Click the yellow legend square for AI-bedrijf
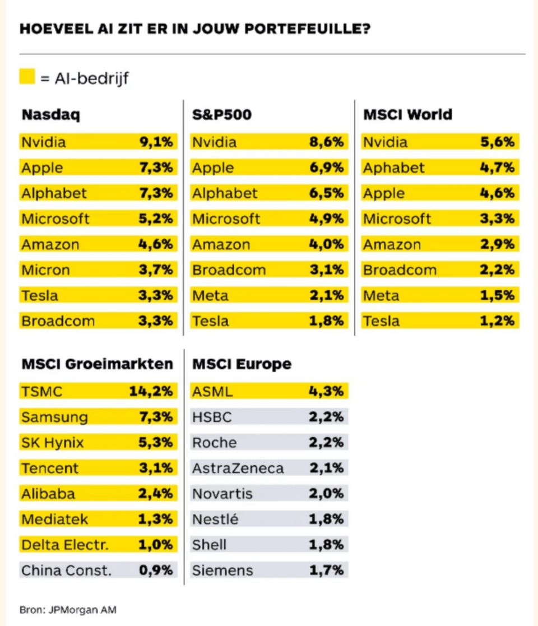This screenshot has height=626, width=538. pos(27,76)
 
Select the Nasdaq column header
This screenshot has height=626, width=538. pos(51,115)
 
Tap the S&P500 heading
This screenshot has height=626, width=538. pos(222,114)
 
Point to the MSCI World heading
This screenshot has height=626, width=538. pos(407,114)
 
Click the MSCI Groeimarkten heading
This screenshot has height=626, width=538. pos(98,364)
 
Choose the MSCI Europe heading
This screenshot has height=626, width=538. pos(242,364)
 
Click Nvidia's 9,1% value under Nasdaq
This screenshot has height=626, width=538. pos(156,142)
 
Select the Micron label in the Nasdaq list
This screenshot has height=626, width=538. pos(46,270)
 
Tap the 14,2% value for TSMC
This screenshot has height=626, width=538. pos(151,391)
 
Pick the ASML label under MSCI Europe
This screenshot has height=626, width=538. pos(212,391)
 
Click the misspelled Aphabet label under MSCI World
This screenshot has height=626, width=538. pos(393,168)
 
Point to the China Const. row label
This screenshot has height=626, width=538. pos(66,571)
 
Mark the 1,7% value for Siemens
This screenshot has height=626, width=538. pos(327,570)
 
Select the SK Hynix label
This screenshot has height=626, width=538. pos(53,443)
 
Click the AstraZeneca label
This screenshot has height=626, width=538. pos(238,468)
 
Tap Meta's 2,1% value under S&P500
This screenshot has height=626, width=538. pos(327,295)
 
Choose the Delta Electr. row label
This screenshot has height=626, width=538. pos(65,545)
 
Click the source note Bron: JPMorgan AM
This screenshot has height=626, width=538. pos(68,610)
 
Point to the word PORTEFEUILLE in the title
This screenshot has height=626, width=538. pos(307,29)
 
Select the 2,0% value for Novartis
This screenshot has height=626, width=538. pos(327,493)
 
